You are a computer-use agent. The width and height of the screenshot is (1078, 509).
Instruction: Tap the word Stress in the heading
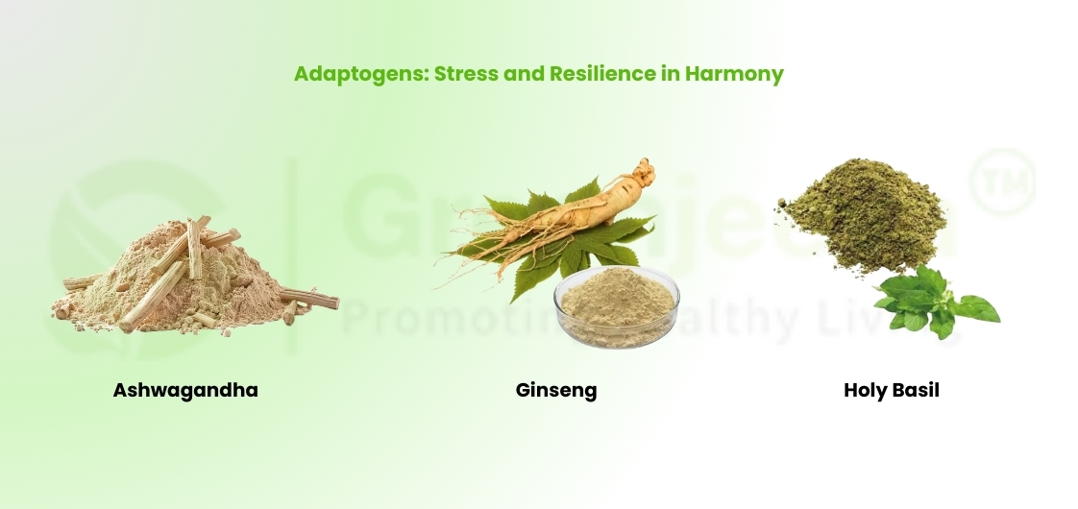[x=465, y=74]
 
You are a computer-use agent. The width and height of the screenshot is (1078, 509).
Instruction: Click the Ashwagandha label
[x=185, y=390]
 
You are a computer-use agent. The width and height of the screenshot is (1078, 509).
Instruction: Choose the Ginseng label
[x=556, y=390]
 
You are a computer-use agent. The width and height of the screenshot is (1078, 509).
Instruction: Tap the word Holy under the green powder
[x=866, y=390]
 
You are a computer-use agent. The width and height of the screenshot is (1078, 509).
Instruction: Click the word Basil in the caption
[x=917, y=390]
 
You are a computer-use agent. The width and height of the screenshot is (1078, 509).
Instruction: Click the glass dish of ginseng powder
[x=616, y=307]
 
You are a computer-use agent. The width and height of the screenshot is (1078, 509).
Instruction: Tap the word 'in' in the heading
[x=670, y=74]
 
